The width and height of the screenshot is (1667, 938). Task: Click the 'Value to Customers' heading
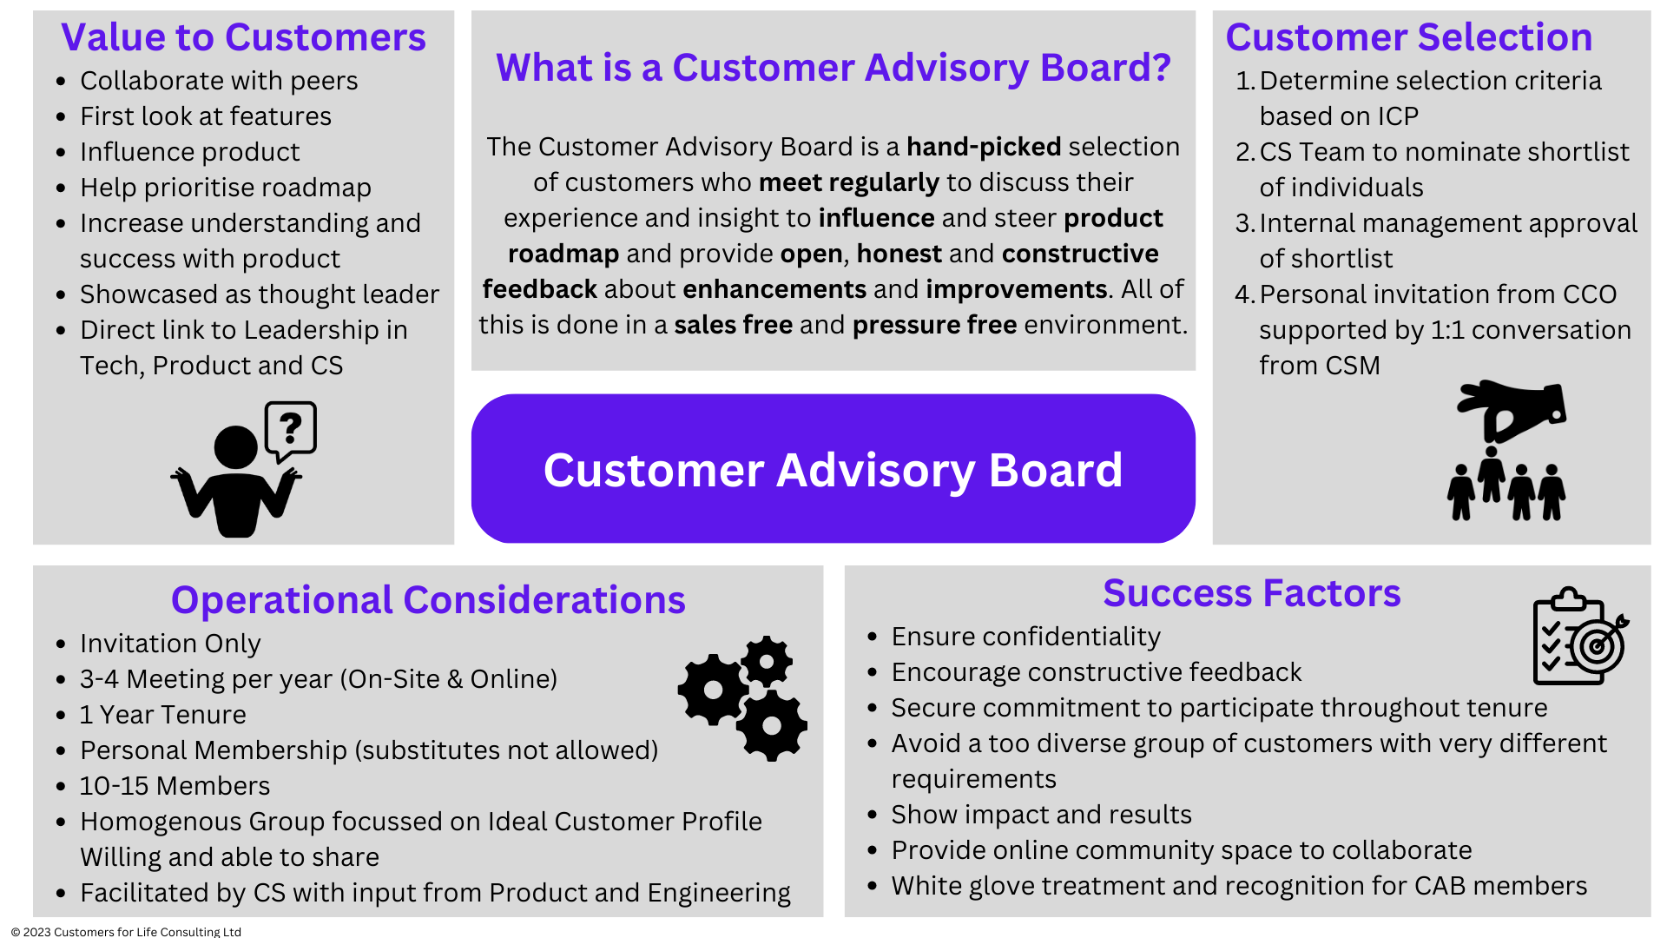click(243, 37)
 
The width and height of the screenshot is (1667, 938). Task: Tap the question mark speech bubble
click(291, 429)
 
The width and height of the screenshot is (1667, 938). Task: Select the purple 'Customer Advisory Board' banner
click(833, 469)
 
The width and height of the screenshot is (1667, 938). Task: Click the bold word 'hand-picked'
click(984, 147)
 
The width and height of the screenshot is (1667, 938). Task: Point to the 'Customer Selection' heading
click(1408, 37)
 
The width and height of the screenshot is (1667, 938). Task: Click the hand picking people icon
click(1509, 450)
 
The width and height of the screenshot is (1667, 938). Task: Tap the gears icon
click(743, 697)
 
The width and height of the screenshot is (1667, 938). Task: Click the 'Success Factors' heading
click(1251, 593)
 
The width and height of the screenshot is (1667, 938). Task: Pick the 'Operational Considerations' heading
click(428, 600)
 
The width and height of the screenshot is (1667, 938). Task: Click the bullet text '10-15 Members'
click(175, 786)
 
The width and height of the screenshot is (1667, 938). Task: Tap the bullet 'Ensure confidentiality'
click(1025, 637)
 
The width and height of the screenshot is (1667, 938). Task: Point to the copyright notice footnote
click(126, 931)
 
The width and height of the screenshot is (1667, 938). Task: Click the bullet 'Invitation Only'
click(170, 644)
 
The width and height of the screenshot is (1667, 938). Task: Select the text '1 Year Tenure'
click(162, 715)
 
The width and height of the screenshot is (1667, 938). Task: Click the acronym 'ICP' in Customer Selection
click(1398, 116)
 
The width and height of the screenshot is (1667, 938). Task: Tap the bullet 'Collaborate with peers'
click(219, 81)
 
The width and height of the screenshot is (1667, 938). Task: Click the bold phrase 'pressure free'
click(934, 325)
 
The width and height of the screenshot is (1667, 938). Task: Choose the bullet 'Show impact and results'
click(1041, 815)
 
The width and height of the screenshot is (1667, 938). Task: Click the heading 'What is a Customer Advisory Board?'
click(833, 68)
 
